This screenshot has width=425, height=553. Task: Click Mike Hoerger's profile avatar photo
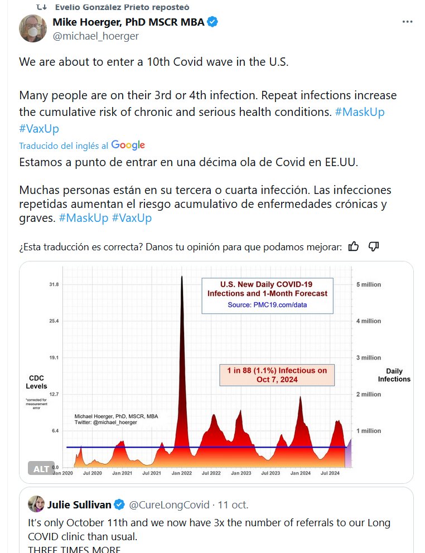click(33, 28)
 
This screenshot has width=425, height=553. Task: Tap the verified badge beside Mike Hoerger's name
click(212, 22)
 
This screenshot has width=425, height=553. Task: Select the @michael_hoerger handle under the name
click(95, 36)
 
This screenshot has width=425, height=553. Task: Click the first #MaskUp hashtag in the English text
click(359, 111)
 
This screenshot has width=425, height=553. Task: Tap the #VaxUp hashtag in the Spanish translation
click(132, 217)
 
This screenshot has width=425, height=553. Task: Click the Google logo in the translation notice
click(128, 145)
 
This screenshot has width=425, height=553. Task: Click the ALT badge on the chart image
click(41, 468)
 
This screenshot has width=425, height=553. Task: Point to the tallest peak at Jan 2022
click(182, 279)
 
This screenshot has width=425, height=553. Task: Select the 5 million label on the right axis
click(369, 284)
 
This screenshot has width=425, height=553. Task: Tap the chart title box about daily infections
click(267, 295)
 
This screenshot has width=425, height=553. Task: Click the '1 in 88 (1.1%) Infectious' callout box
click(277, 375)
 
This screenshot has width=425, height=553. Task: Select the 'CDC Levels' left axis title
click(37, 382)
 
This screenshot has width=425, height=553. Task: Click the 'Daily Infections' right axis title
click(394, 375)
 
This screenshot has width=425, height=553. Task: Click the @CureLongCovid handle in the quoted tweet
click(169, 505)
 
